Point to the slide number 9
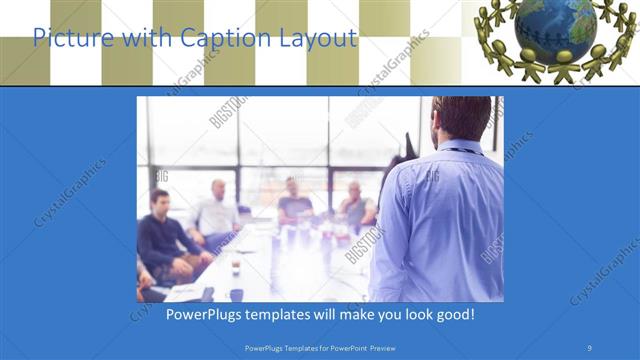point(590,347)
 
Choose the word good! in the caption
point(452,314)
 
